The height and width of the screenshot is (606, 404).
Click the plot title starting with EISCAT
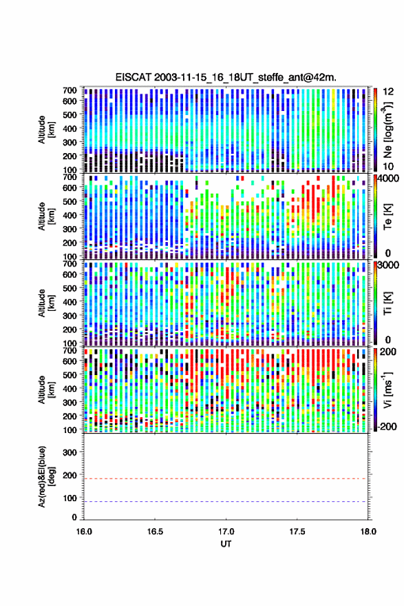click(226, 77)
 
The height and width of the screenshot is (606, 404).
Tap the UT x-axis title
click(226, 544)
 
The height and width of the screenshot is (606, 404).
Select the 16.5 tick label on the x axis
click(155, 532)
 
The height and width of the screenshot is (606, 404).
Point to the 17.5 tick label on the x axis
click(297, 532)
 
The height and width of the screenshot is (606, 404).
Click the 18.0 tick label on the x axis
click(368, 532)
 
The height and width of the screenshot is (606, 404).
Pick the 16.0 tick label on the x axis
click(84, 532)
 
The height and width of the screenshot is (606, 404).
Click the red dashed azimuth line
click(226, 478)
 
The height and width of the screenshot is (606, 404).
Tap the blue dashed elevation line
click(226, 501)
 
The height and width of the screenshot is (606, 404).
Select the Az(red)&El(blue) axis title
click(46, 476)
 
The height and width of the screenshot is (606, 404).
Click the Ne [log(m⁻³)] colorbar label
click(388, 130)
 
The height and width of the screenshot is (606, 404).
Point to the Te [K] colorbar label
click(387, 216)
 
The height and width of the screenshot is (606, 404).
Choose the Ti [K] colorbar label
click(387, 303)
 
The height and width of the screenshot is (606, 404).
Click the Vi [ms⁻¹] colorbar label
click(388, 390)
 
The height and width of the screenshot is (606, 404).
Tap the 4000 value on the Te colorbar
click(389, 179)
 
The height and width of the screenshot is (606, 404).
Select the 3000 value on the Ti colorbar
click(389, 265)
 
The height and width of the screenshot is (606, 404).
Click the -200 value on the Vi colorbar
click(387, 426)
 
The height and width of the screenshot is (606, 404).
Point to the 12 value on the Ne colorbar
click(388, 92)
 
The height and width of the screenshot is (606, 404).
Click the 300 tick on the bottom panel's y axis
click(70, 452)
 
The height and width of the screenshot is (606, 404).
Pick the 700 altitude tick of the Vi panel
click(70, 350)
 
